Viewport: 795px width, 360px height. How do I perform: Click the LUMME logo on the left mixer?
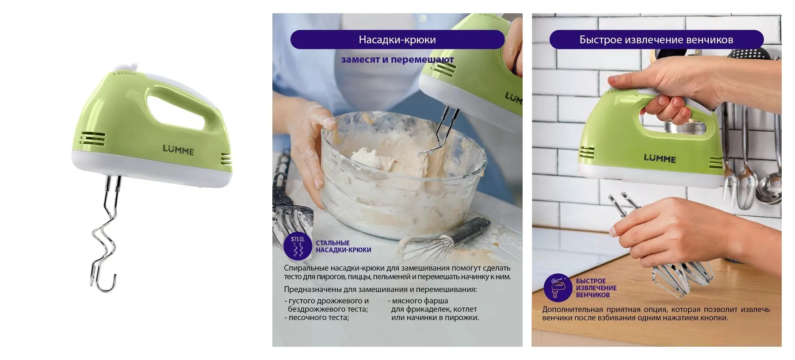click(178, 150)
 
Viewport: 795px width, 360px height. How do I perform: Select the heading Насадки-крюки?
click(397, 40)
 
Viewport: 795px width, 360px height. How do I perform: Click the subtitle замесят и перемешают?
click(397, 59)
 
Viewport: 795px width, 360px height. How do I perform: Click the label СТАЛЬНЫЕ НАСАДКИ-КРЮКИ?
click(343, 246)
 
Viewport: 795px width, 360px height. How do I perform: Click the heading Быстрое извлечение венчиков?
click(656, 40)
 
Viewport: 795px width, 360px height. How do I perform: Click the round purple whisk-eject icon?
click(557, 288)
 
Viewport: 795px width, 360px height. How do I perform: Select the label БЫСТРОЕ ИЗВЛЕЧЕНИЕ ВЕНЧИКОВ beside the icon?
click(596, 288)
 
